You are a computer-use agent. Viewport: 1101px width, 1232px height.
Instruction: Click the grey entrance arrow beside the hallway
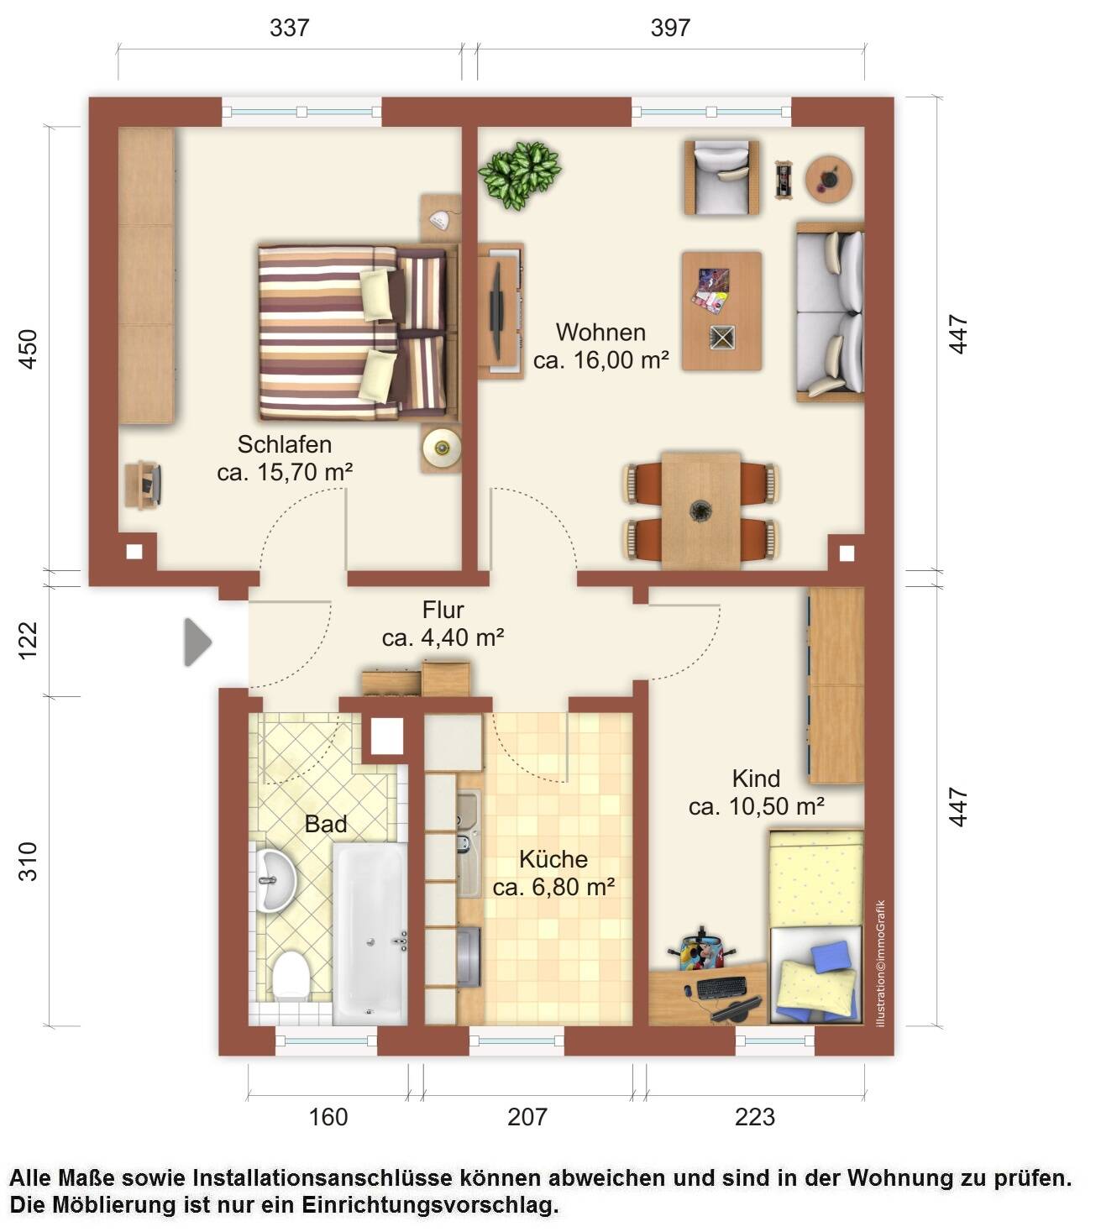point(197,642)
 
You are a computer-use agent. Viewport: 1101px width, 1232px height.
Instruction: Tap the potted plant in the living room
point(519,175)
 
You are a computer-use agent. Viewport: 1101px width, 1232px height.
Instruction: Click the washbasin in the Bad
point(275,880)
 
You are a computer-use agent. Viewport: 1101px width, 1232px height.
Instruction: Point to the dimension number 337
point(290,28)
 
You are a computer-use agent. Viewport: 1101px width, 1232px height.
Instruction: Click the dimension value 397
point(670,28)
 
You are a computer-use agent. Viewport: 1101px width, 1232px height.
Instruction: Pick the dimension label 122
point(28,640)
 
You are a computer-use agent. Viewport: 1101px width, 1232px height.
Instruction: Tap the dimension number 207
point(527,1117)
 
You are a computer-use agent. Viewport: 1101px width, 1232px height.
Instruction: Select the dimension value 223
point(755,1117)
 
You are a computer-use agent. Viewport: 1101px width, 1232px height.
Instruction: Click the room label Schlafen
point(285,444)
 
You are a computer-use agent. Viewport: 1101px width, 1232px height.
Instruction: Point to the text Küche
point(553,859)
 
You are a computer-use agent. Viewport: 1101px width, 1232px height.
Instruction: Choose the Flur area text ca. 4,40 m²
point(443,638)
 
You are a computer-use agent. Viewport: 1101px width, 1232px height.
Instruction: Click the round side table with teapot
point(829,179)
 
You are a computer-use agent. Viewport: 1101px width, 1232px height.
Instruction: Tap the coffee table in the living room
point(721,311)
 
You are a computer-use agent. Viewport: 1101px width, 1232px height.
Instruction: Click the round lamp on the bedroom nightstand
point(442,448)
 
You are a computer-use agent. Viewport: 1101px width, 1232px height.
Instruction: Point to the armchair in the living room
point(721,177)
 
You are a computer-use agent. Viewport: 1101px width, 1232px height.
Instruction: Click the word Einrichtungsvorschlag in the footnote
point(430,1205)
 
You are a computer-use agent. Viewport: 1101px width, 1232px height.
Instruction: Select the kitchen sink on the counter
point(469,843)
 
